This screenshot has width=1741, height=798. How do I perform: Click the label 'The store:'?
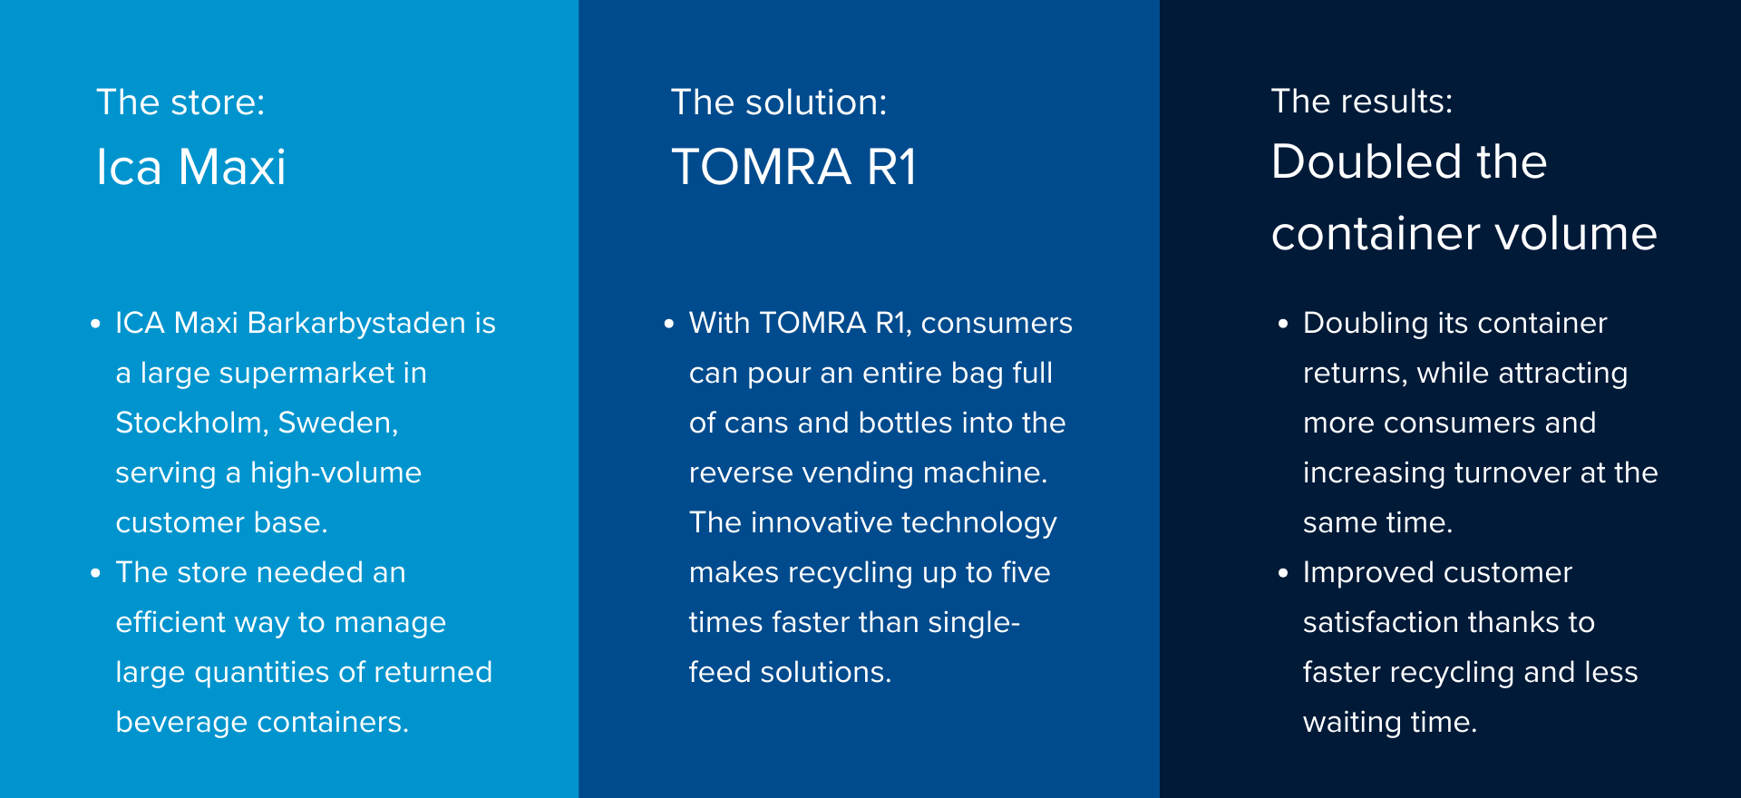(180, 102)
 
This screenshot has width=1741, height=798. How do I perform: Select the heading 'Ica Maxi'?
(191, 167)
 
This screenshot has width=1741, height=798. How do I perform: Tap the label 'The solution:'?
(779, 102)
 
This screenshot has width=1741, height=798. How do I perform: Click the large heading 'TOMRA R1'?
(794, 167)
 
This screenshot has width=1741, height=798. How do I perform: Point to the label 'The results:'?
(1362, 101)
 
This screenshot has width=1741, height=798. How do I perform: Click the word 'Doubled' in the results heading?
(1367, 161)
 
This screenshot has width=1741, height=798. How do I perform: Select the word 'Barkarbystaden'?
(356, 324)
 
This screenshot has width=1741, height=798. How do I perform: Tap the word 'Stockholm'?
(190, 423)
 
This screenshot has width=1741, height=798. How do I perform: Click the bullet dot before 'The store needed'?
(95, 573)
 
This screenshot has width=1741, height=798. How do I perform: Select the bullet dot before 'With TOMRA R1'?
(669, 324)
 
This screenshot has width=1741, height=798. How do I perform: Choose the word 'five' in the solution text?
(1026, 572)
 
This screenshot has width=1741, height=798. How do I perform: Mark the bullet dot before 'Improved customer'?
(1283, 573)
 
